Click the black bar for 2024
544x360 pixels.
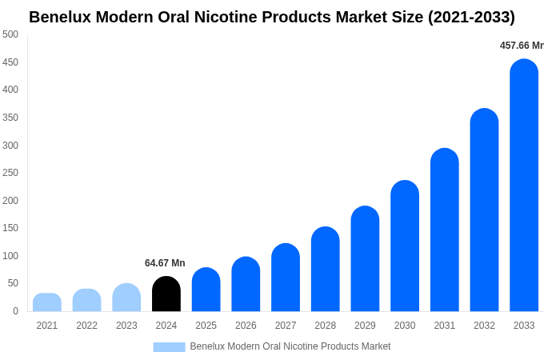(x=166, y=294)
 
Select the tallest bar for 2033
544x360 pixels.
(x=524, y=186)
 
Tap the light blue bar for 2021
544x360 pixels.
(x=47, y=302)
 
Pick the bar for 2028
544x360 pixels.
(x=326, y=269)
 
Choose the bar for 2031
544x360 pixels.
(x=445, y=230)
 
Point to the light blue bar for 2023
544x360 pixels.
(x=126, y=298)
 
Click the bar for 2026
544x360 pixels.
(x=246, y=284)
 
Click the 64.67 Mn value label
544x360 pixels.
(x=165, y=263)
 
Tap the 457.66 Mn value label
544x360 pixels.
(x=521, y=46)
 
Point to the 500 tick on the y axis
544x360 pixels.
(x=10, y=34)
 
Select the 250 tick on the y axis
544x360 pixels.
(x=10, y=173)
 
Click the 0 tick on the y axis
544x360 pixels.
(x=15, y=311)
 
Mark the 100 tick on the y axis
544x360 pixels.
(x=10, y=256)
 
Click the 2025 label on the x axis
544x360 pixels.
(x=206, y=326)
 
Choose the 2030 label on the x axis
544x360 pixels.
(x=405, y=326)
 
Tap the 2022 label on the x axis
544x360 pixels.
(x=87, y=326)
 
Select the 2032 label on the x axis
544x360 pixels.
(x=484, y=326)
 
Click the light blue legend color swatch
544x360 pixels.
(x=169, y=347)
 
